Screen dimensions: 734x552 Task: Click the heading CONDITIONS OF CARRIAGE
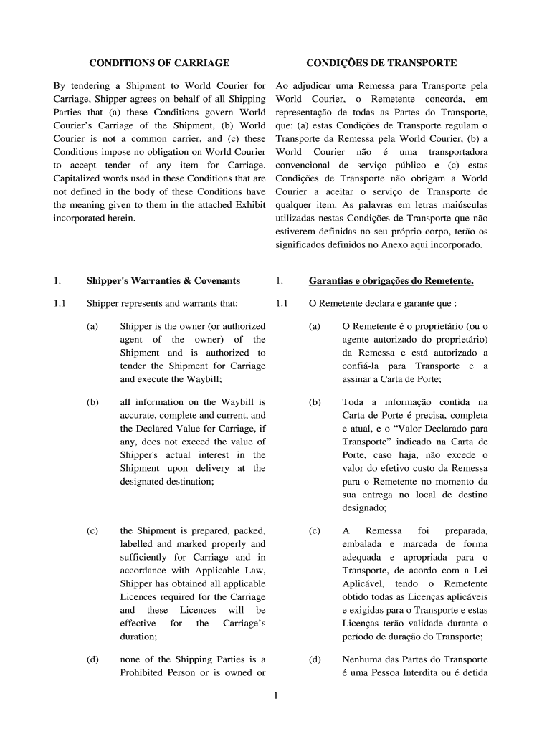pyautogui.click(x=158, y=63)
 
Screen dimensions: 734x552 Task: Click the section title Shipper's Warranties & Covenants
pyautogui.click(x=163, y=280)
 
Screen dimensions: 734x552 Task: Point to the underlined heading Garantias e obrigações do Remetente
pyautogui.click(x=391, y=280)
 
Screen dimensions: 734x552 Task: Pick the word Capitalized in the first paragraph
pyautogui.click(x=78, y=178)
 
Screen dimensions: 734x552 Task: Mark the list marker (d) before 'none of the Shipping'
pyautogui.click(x=92, y=659)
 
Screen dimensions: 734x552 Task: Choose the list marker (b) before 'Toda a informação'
pyautogui.click(x=315, y=402)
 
